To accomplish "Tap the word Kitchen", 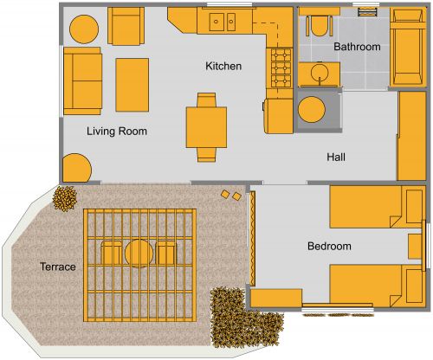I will [x=223, y=67].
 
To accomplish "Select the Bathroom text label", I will [x=358, y=47].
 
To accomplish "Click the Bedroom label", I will [x=329, y=247].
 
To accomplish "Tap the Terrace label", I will [x=57, y=267].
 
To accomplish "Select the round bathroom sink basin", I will [x=319, y=74].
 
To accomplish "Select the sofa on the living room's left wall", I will [x=81, y=81].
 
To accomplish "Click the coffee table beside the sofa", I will [x=132, y=84].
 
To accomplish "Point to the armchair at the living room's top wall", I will [x=126, y=26].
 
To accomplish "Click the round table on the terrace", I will [x=139, y=254].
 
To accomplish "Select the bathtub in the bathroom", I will [x=405, y=47].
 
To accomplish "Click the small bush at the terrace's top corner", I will [x=64, y=200].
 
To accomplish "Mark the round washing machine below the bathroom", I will [x=312, y=110].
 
